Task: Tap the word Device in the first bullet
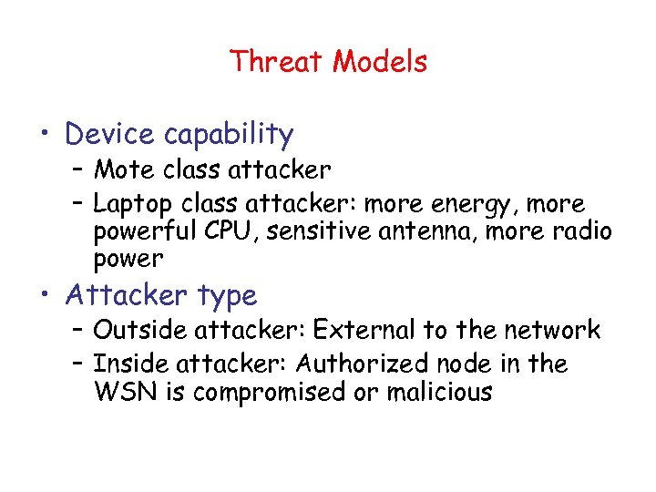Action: coord(111,135)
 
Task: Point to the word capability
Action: coord(229,136)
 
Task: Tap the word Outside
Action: coord(136,330)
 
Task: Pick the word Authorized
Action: coord(358,364)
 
